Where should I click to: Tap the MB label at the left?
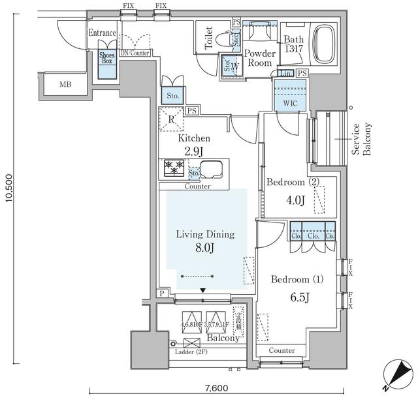click(x=66, y=84)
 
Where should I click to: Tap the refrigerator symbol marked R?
click(x=171, y=119)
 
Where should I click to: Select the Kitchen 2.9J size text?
click(x=195, y=151)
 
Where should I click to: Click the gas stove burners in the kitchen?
click(x=174, y=168)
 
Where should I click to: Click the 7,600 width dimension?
click(x=216, y=389)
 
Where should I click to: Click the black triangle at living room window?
click(x=203, y=290)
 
